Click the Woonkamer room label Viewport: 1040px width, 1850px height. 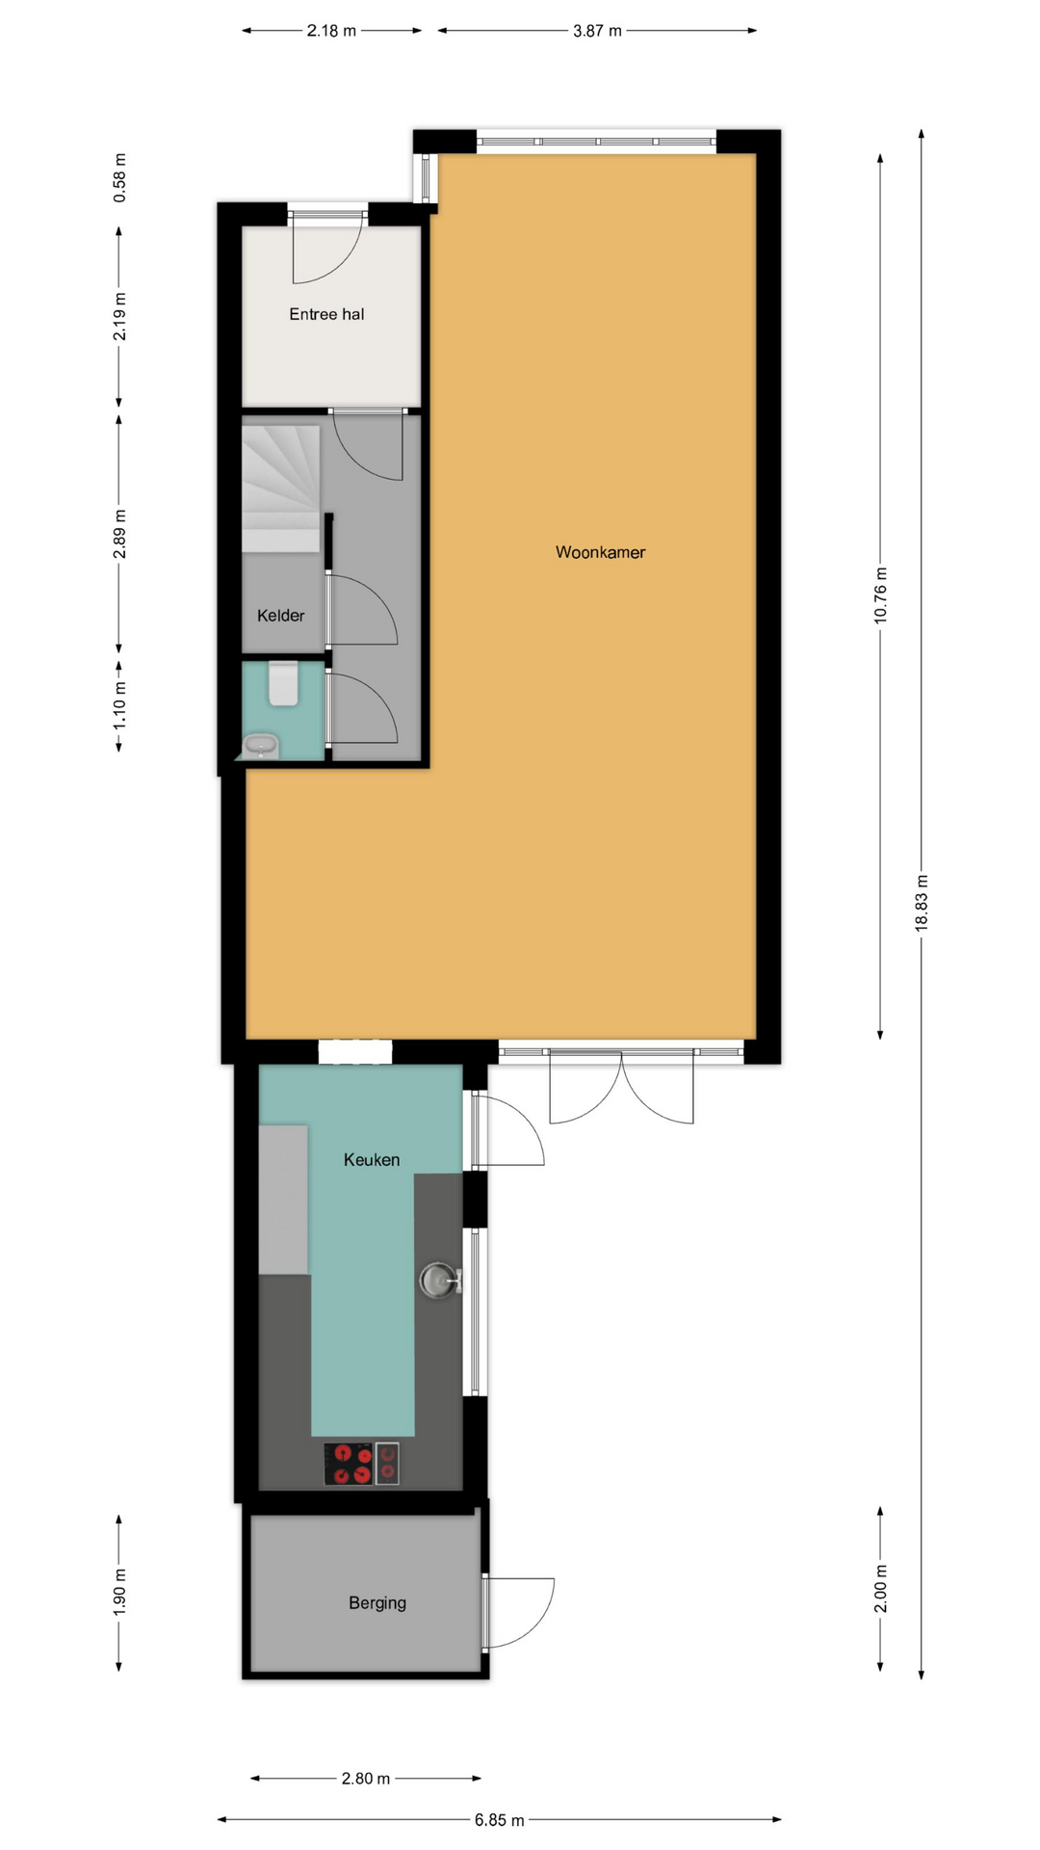coord(600,552)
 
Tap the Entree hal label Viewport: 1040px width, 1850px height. coord(326,314)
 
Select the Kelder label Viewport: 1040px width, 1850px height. coord(280,616)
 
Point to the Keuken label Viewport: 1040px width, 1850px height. coord(372,1160)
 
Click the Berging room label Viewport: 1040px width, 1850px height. coord(377,1603)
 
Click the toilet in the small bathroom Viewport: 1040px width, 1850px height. coord(283,683)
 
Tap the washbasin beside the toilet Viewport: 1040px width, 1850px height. coord(261,745)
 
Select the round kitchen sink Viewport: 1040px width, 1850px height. coord(438,1280)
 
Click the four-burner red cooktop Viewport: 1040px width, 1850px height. coord(349,1464)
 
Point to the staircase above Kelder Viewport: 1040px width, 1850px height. coord(280,489)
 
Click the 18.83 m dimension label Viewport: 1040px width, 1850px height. coord(922,903)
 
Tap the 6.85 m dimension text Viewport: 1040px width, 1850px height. coord(499,1820)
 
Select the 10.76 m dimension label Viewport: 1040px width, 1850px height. coord(880,595)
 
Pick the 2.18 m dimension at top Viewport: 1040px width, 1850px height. coord(331,31)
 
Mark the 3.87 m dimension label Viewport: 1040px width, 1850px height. coord(597,31)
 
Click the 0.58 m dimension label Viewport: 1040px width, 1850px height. coord(119,178)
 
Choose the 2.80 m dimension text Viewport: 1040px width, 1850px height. coord(366,1779)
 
